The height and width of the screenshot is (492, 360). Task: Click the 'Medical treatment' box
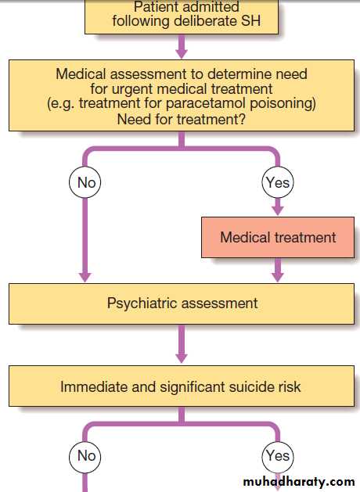click(278, 238)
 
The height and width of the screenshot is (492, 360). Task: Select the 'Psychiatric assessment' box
click(182, 303)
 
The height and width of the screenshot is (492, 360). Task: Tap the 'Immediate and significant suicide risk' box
click(182, 386)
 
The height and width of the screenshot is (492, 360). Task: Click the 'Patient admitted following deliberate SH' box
click(182, 16)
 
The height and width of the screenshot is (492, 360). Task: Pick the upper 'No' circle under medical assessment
click(85, 182)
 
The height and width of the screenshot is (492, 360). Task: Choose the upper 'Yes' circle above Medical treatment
click(278, 182)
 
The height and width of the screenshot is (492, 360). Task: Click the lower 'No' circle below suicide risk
click(85, 456)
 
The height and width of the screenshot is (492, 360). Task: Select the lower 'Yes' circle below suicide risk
click(278, 456)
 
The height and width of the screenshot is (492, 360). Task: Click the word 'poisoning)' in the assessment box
click(283, 104)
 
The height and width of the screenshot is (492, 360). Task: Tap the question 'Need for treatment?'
click(181, 119)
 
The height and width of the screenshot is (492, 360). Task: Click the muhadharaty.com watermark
click(299, 482)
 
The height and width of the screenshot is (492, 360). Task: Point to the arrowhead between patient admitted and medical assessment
click(182, 53)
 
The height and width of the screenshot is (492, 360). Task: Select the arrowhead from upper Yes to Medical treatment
click(278, 210)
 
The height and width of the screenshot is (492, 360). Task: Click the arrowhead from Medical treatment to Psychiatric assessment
click(278, 277)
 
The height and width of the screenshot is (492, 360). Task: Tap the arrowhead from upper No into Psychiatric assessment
click(85, 277)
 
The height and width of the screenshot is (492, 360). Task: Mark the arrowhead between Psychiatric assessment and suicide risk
click(182, 358)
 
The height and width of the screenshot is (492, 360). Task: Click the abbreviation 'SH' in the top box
click(250, 21)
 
